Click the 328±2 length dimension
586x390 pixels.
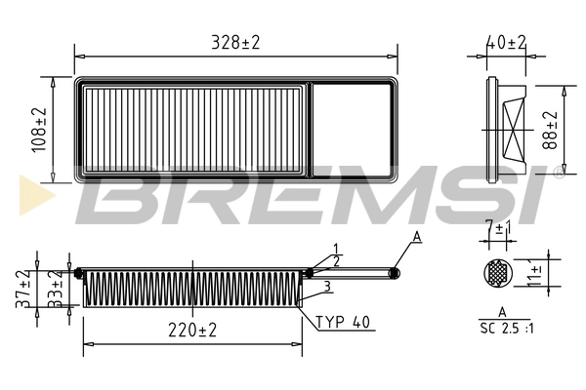236,42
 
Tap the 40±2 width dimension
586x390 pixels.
507,42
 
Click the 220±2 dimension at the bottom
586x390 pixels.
191,331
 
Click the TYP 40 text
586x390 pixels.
345,322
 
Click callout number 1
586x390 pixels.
334,249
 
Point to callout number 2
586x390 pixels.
337,260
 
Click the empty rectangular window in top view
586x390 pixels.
351,130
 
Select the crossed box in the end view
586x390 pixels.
515,128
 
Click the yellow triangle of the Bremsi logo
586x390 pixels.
30,196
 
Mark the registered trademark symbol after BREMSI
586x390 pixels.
557,174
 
